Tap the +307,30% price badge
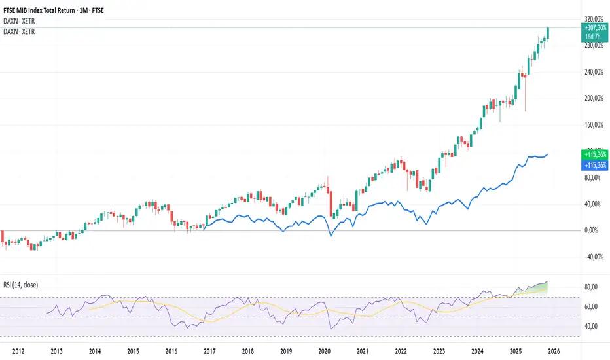point(594,29)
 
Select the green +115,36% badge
point(594,154)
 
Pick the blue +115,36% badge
point(594,165)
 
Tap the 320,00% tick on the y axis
point(594,19)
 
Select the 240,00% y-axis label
point(594,72)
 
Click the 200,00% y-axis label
point(594,98)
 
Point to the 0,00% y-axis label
point(594,230)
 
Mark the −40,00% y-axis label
point(594,257)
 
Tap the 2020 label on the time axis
point(324,351)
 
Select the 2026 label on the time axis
point(554,351)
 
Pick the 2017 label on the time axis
point(209,351)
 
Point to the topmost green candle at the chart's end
point(548,33)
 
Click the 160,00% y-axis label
point(594,124)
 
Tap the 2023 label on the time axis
point(439,351)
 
